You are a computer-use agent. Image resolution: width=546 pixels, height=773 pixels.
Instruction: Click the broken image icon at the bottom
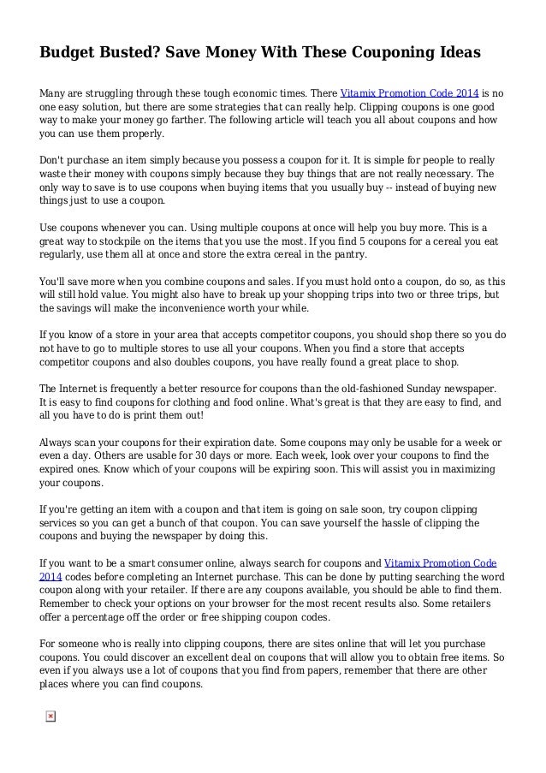coord(50,715)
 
